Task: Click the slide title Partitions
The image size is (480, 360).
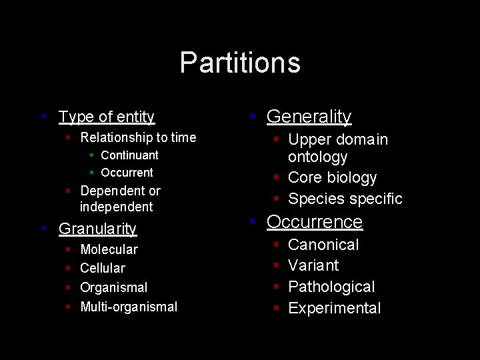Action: point(240,63)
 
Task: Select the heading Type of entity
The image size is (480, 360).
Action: point(107,117)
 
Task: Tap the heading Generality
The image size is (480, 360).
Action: point(309,117)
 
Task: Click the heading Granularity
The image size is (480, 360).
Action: point(97,229)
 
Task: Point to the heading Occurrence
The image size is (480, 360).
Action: point(315,222)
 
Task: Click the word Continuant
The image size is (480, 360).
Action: point(129,155)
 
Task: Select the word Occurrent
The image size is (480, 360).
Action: point(127,173)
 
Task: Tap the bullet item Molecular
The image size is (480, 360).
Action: point(109,250)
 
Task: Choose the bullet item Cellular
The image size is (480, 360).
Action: point(103,268)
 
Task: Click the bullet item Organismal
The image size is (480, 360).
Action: point(113,287)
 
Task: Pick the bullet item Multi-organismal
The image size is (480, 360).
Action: point(129,307)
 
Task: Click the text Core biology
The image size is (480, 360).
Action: point(332,178)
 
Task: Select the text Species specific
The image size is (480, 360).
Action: point(345,199)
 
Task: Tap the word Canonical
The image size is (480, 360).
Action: point(323,245)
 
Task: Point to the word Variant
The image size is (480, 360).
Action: point(313,265)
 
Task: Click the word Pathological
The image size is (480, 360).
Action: point(331,287)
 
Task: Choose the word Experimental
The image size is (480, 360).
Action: point(334,308)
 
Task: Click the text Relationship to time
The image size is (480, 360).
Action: point(138,138)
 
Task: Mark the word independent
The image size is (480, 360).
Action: point(117,207)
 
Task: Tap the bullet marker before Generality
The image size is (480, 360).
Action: point(253,117)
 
